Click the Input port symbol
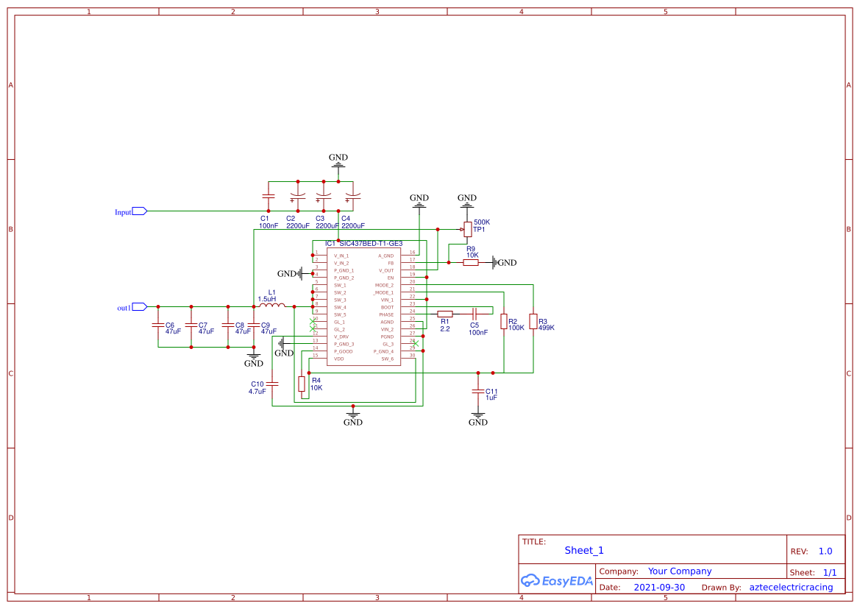click(x=139, y=211)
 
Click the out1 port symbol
click(x=139, y=307)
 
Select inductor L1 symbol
click(x=268, y=306)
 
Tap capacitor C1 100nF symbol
click(x=268, y=197)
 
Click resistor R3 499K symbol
click(x=533, y=322)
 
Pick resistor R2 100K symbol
click(x=504, y=322)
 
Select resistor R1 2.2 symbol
click(x=444, y=313)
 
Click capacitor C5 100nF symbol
click(x=475, y=313)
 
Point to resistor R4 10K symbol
click(x=301, y=384)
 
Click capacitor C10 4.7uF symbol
click(x=273, y=384)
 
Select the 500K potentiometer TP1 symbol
click(x=467, y=229)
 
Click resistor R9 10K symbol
click(x=471, y=262)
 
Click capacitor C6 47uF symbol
click(x=157, y=325)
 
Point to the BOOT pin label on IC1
click(x=386, y=307)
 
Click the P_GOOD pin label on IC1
click(x=344, y=351)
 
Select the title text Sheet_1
click(x=584, y=550)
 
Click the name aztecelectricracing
click(x=791, y=588)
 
